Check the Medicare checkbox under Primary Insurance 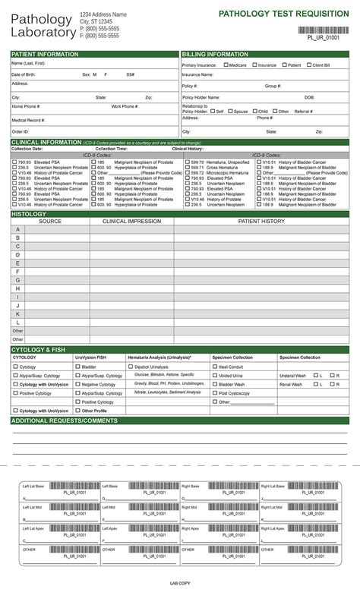pos(226,65)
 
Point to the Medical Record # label pos(28,120)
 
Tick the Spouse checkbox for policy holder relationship pos(230,111)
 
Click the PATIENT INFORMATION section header pos(46,55)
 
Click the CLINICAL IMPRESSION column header pos(131,221)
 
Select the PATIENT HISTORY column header pos(261,221)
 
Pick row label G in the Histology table pos(17,279)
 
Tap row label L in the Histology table pos(17,322)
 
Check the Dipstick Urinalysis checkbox pos(131,367)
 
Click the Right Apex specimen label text pos(191,527)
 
